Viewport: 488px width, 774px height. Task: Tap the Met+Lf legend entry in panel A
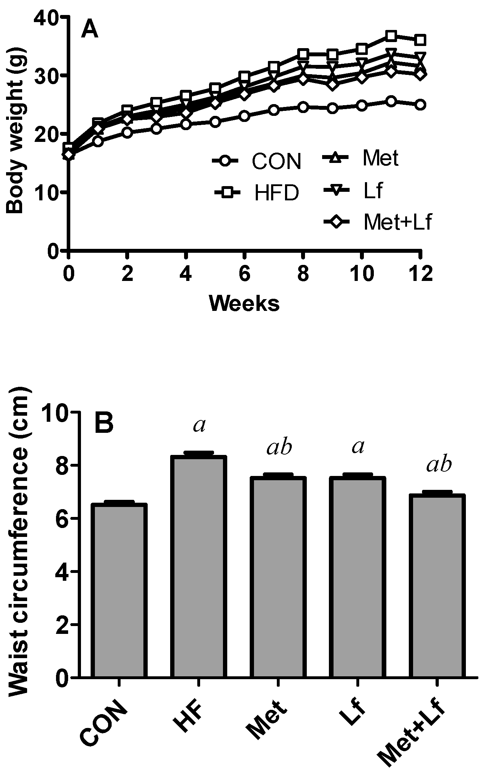[x=378, y=222]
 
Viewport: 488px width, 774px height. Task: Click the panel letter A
[x=89, y=29]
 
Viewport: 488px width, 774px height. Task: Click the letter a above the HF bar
[x=199, y=426]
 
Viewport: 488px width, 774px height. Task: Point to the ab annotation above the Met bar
[x=279, y=448]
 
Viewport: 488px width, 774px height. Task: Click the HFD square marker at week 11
[x=391, y=36]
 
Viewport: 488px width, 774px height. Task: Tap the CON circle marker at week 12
[x=420, y=105]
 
